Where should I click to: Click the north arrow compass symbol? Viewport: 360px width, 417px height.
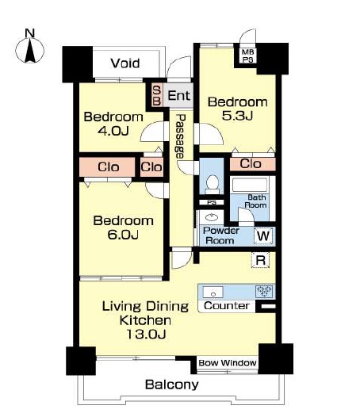(x=30, y=50)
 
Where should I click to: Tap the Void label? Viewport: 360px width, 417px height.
(x=125, y=63)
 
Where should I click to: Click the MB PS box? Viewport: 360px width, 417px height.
(x=247, y=55)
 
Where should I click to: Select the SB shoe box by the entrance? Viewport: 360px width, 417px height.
(x=157, y=95)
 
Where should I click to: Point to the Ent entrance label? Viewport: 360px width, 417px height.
(x=178, y=95)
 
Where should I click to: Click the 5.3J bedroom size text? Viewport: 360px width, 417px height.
(x=237, y=116)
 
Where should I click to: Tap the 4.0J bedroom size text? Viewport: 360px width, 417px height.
(x=113, y=131)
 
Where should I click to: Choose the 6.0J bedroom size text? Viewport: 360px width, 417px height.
(x=123, y=235)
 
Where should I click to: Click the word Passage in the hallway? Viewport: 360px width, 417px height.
(x=181, y=136)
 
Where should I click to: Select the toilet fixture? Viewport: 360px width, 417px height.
(x=213, y=184)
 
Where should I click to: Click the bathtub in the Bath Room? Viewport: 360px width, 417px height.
(x=250, y=185)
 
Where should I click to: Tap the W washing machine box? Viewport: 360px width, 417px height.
(x=263, y=236)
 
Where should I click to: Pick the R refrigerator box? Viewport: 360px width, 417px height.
(x=261, y=260)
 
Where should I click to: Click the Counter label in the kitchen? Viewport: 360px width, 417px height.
(x=227, y=306)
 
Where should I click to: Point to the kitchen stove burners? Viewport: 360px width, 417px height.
(x=264, y=291)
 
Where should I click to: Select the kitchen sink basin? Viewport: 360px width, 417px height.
(x=213, y=293)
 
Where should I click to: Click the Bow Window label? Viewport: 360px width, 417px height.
(x=228, y=363)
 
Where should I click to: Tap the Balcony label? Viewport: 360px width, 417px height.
(x=172, y=384)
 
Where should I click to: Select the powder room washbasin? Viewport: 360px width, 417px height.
(x=212, y=217)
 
